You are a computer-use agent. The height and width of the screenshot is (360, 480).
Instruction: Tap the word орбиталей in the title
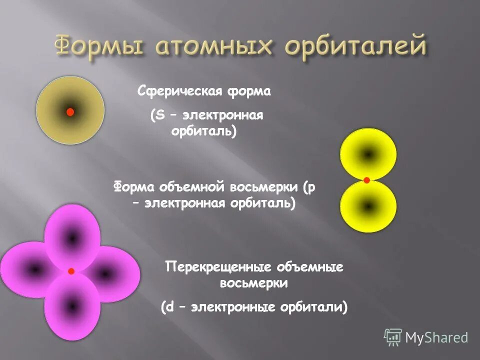[355, 47]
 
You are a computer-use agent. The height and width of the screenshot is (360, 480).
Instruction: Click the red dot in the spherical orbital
[70, 112]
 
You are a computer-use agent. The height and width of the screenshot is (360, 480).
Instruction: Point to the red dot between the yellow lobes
[366, 180]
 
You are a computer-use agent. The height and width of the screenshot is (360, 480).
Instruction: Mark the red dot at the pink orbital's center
[71, 271]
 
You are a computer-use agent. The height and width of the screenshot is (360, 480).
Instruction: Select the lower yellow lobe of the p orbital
[368, 205]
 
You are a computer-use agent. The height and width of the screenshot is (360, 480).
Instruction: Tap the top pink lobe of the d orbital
[72, 237]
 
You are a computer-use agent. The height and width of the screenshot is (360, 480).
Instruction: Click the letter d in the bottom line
[169, 306]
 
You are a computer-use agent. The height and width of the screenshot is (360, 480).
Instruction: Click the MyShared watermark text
[436, 337]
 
